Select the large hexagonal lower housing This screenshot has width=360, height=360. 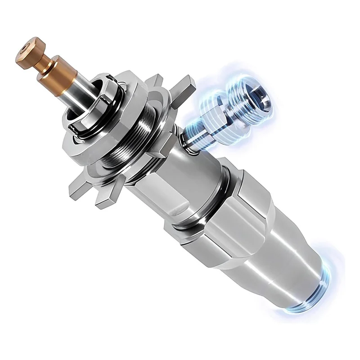(x=238, y=225)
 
